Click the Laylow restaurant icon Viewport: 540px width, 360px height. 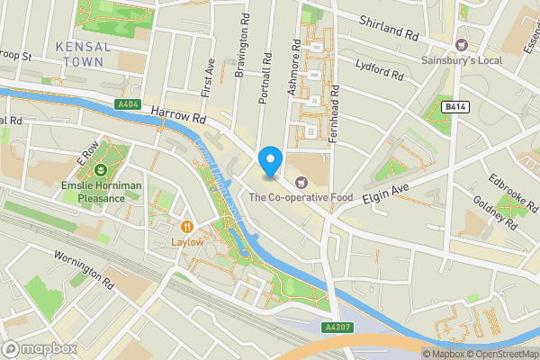coord(188,227)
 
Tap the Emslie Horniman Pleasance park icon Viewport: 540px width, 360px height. coord(101,169)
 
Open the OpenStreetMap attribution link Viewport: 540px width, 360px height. coord(500,354)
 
